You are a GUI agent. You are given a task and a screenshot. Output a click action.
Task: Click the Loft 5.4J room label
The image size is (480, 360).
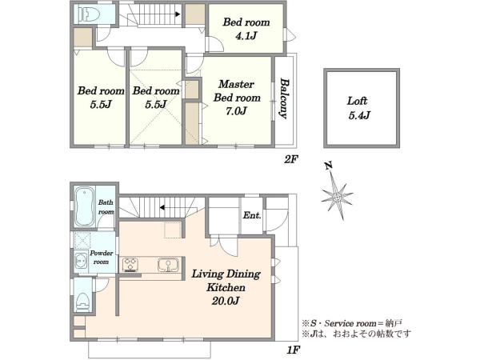(358, 108)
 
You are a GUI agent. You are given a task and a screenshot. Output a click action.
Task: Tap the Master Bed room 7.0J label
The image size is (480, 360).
(237, 98)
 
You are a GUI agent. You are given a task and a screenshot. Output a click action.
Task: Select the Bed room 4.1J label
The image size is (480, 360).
(246, 29)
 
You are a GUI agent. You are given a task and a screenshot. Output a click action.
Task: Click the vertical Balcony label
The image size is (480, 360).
(284, 98)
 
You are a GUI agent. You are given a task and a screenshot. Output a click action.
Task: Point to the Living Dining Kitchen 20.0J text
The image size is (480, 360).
(226, 287)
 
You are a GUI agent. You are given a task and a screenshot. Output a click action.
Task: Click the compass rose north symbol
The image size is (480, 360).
(337, 197)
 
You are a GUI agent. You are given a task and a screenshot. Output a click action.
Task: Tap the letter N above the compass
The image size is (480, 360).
(329, 166)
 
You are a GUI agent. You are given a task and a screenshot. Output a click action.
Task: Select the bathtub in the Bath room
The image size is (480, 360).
(84, 206)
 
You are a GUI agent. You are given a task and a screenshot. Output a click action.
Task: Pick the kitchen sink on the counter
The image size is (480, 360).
(168, 265)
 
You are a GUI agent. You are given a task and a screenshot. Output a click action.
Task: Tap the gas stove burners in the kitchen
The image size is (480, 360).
(130, 265)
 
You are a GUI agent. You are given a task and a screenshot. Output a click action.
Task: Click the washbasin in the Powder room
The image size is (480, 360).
(81, 261)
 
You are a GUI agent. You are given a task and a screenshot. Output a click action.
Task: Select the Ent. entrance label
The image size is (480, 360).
(252, 215)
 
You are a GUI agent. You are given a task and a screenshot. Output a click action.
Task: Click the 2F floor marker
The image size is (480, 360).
(290, 159)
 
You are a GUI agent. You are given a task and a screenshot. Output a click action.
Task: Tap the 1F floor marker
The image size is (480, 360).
(294, 350)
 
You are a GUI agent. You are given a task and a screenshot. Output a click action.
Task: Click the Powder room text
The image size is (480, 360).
(101, 257)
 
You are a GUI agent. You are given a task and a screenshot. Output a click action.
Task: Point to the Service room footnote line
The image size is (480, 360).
(352, 323)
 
